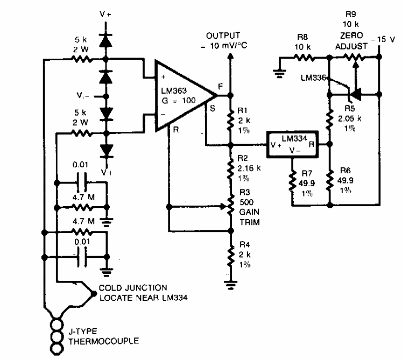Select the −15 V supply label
387,39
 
